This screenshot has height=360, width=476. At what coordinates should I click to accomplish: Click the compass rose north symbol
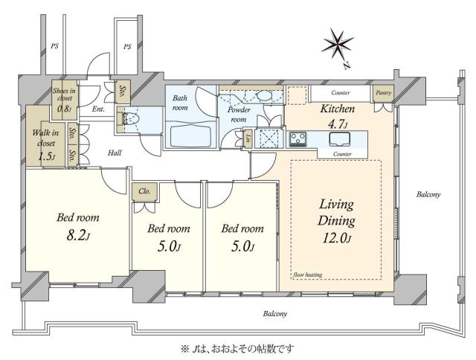coord(338,45)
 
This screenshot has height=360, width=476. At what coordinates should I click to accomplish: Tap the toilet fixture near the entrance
coord(131,119)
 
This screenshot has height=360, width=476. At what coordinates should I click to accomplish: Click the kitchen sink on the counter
coord(340,139)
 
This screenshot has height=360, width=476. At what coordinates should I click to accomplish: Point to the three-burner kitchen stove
coord(298,139)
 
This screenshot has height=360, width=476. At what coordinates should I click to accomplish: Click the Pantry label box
coord(384,93)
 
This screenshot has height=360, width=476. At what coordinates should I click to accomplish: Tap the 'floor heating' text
coord(308,274)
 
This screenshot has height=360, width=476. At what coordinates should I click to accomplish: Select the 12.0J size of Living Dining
coord(336,238)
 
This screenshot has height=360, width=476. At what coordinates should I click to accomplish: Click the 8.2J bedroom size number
coord(78,236)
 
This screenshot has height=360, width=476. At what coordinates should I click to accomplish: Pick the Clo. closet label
coord(144,192)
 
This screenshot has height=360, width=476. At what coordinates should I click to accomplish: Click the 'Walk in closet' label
coord(46,138)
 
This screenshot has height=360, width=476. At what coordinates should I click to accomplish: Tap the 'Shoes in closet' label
coord(64,94)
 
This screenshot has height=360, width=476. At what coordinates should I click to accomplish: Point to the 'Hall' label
coord(115,153)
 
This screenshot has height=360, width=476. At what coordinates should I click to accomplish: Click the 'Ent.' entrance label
coord(98,109)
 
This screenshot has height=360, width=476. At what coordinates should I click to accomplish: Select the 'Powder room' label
coord(239,115)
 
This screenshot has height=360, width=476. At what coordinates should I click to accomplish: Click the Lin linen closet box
coord(248,138)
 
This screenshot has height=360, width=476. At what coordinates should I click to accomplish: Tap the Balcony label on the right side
coord(428,194)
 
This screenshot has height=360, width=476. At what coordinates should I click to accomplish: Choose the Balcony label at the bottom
coord(275,314)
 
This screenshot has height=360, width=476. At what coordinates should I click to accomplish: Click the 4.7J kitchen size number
coord(337,124)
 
